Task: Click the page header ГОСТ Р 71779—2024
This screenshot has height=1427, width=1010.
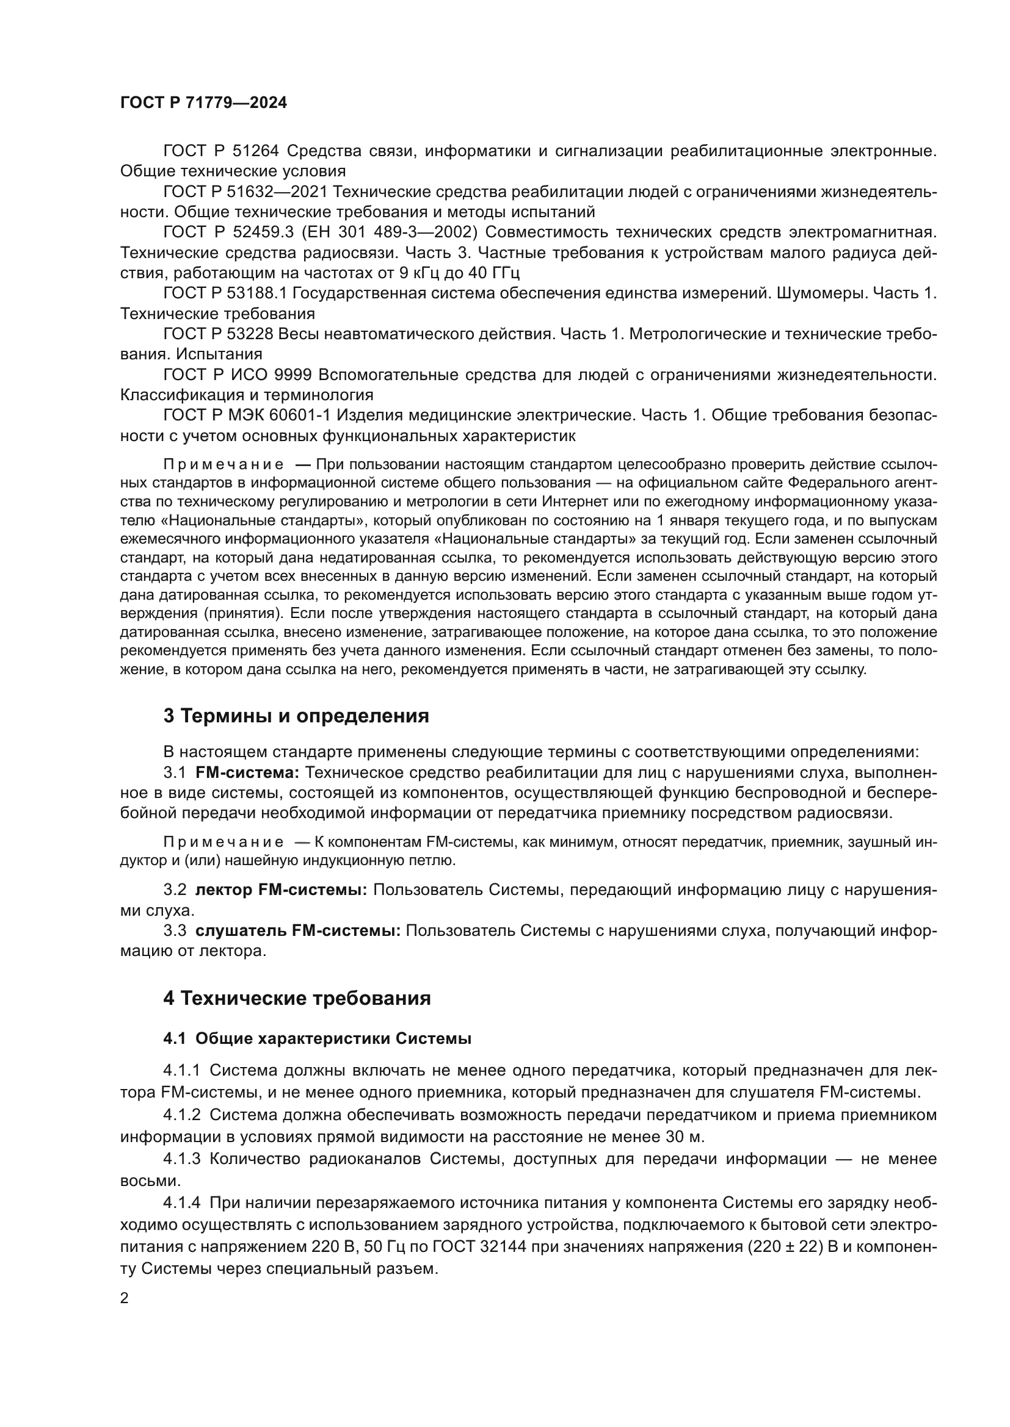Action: point(203,103)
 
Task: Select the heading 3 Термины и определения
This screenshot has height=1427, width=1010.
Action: point(296,716)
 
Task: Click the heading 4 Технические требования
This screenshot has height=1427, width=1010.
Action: point(297,998)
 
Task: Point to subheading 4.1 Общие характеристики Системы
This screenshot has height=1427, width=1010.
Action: point(317,1039)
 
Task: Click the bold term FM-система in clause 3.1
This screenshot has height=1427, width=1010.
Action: point(247,772)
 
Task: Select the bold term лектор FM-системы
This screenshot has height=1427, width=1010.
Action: point(281,890)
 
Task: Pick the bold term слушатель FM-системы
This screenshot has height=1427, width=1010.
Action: point(298,930)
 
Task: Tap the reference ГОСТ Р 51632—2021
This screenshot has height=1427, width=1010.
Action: point(245,192)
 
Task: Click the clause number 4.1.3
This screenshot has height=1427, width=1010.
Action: point(181,1159)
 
